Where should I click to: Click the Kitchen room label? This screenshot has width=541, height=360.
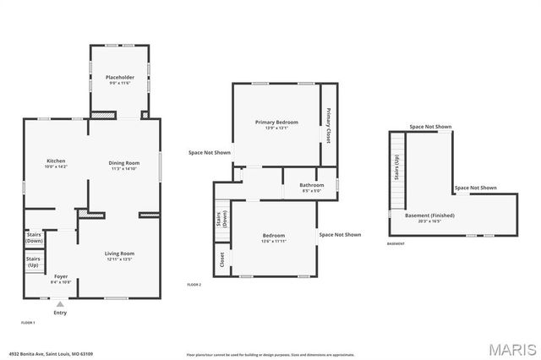tap(56, 161)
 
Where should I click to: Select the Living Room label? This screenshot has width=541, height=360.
tap(119, 254)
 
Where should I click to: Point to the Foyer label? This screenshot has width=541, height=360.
tap(61, 276)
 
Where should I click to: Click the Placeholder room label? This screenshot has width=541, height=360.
tap(120, 78)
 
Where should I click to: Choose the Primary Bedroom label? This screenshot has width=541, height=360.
tap(276, 123)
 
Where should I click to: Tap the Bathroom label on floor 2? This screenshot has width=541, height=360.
tap(312, 186)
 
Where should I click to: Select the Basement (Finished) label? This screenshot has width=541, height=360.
tap(435, 215)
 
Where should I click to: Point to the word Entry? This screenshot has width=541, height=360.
tap(60, 314)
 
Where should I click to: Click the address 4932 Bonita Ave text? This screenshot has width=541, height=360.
tap(51, 354)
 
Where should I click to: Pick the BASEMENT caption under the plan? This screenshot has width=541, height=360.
tap(396, 244)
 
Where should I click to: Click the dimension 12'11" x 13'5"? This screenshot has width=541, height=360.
tap(119, 260)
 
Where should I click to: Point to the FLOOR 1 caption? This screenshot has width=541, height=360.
tap(29, 323)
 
